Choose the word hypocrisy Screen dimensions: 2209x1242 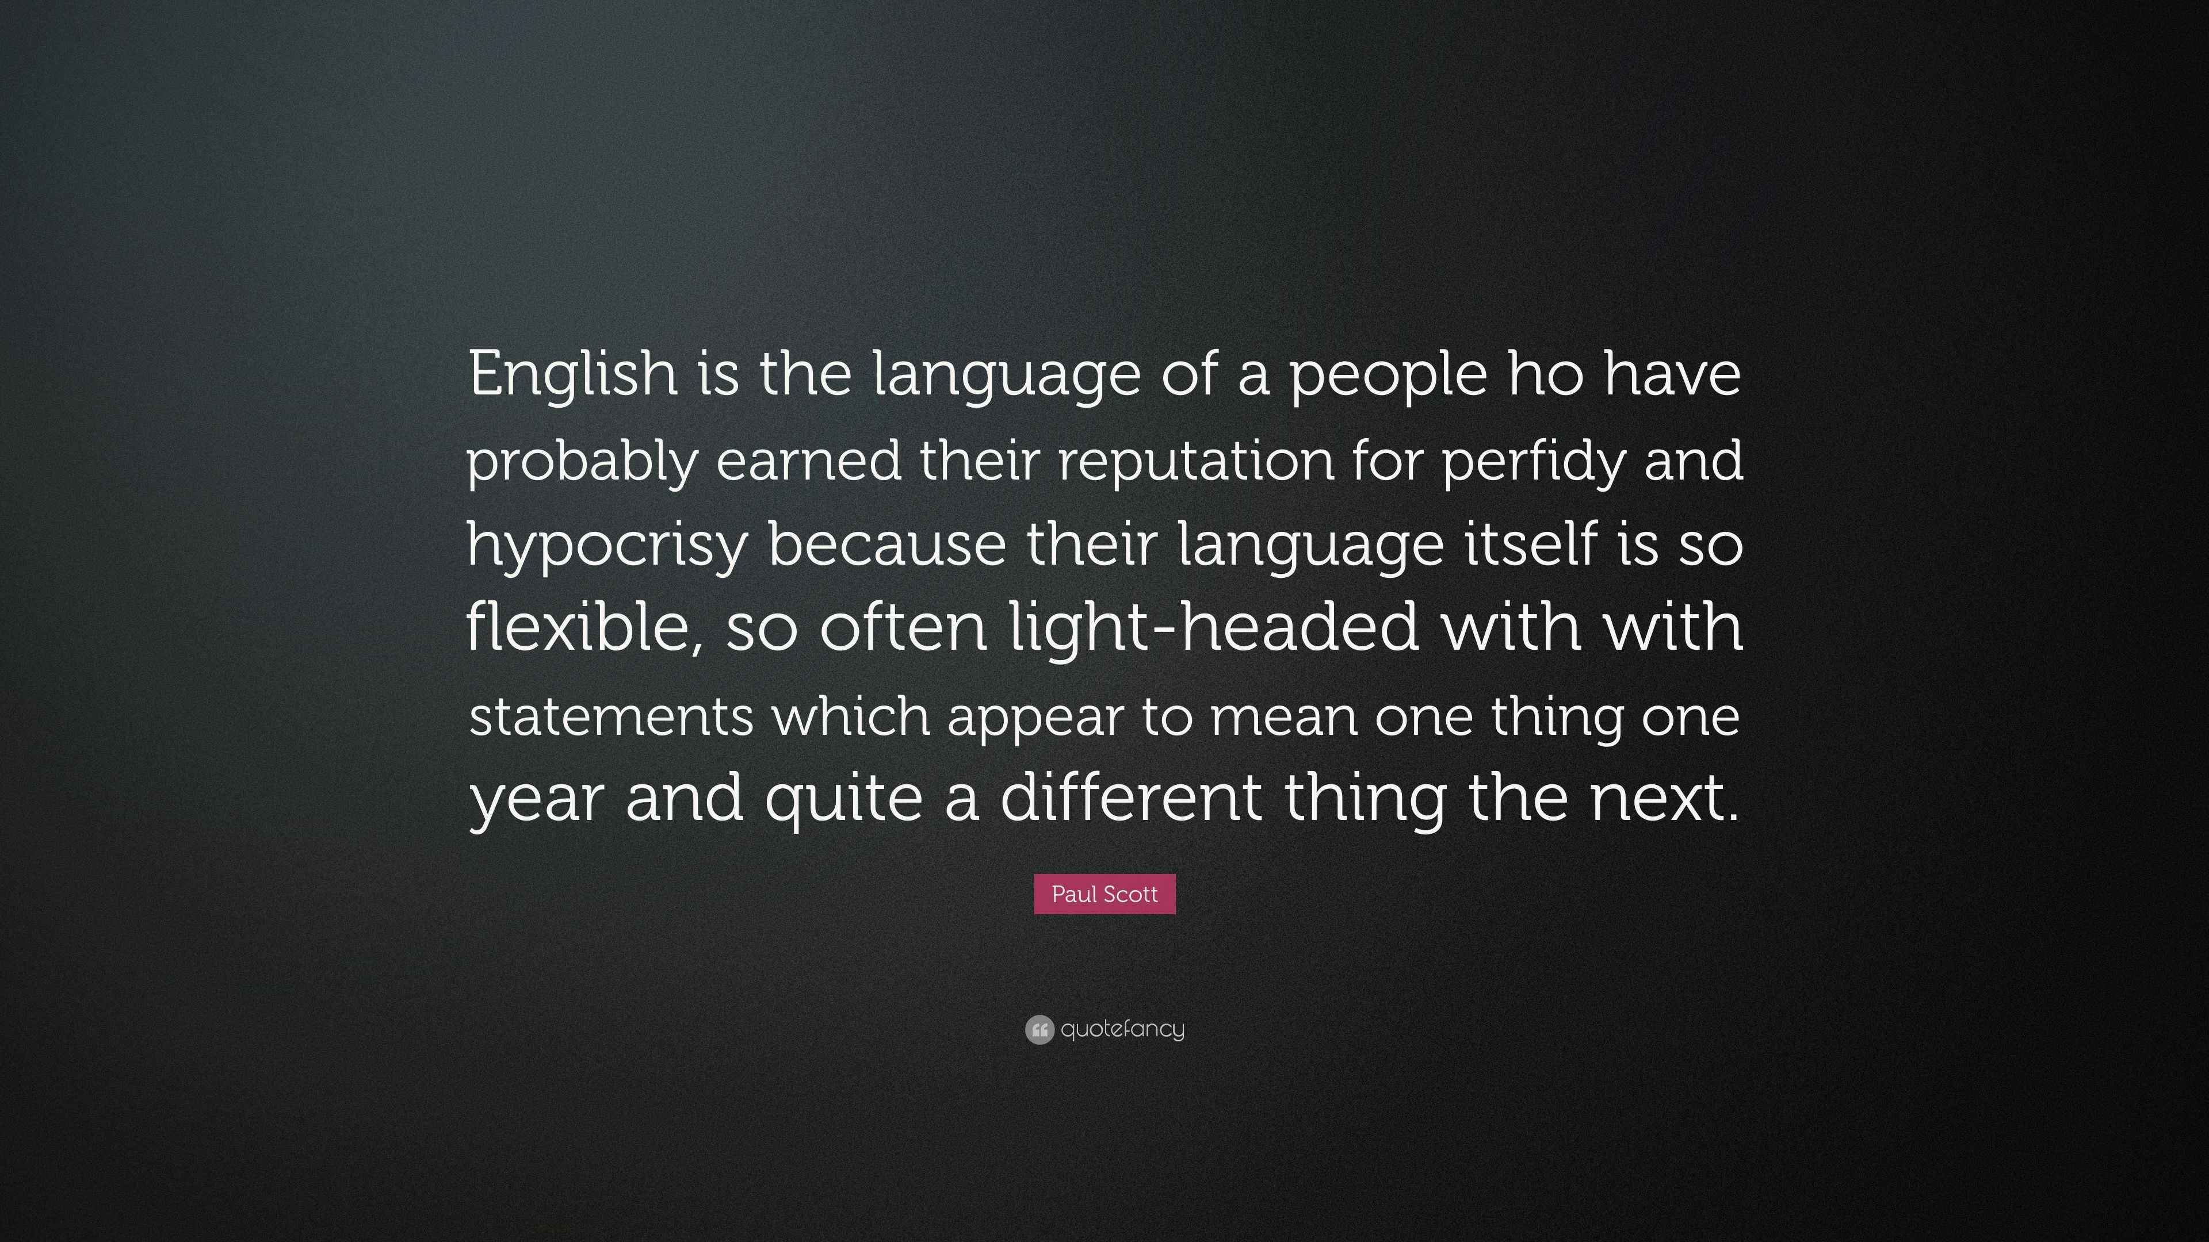(x=607, y=546)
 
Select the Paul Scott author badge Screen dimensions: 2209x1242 (x=1104, y=894)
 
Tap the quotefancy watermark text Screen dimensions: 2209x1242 (x=1122, y=1029)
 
